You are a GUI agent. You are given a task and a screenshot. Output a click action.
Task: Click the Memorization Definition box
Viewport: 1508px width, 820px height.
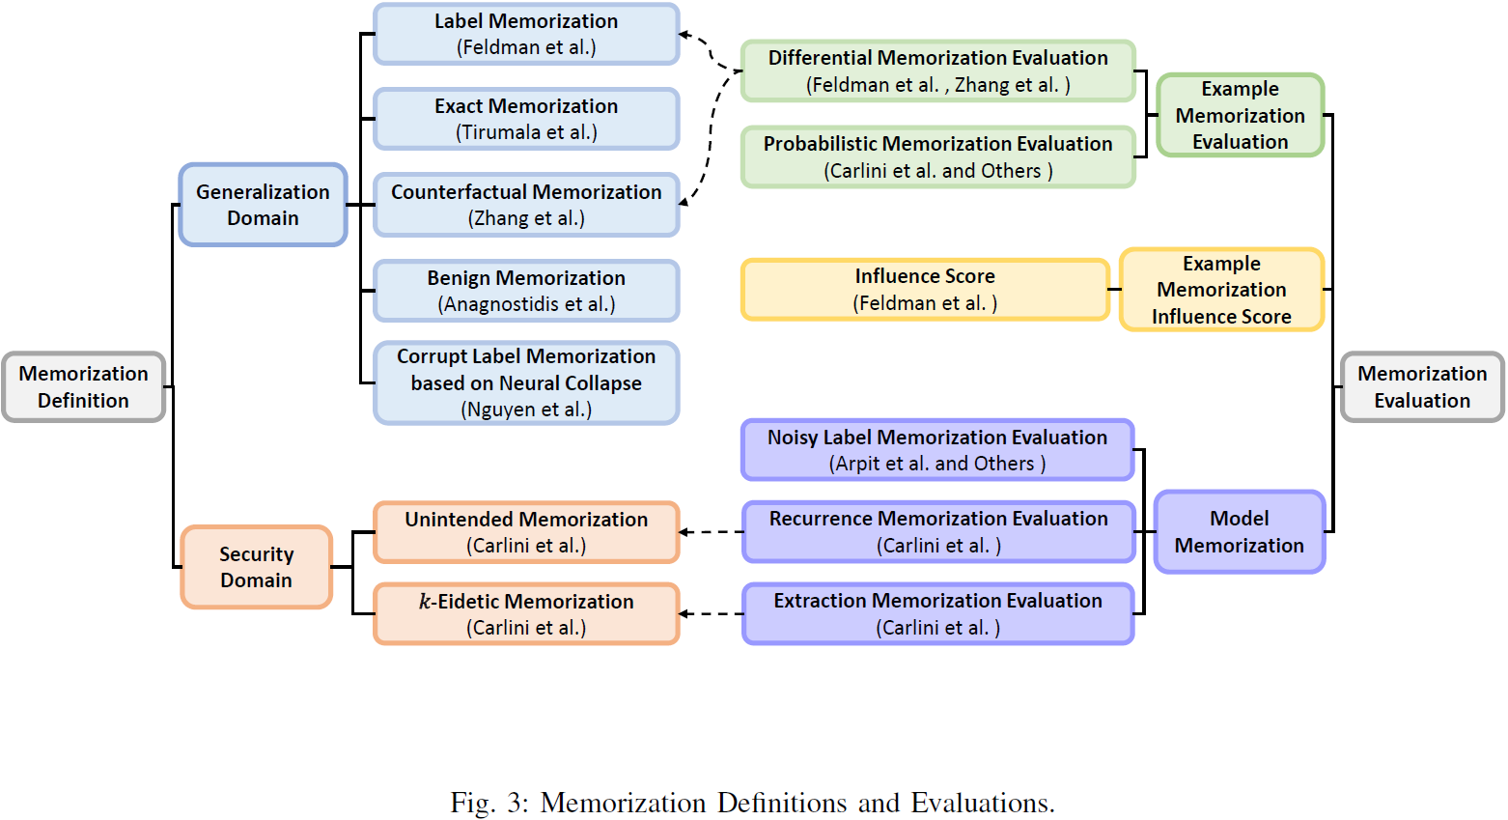point(83,386)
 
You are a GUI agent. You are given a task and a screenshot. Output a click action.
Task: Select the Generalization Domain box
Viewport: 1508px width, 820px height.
point(263,205)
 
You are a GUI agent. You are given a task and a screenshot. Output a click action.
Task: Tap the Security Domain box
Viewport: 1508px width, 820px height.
point(256,567)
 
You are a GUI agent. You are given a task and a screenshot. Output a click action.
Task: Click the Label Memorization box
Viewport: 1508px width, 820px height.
point(526,34)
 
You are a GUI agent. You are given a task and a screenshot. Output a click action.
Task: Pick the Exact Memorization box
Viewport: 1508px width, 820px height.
point(526,119)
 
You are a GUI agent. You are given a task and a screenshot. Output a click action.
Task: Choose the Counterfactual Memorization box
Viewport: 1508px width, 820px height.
point(526,205)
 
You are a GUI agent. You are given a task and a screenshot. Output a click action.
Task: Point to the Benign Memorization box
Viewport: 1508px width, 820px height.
point(526,291)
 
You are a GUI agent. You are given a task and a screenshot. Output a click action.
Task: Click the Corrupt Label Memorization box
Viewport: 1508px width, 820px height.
point(526,382)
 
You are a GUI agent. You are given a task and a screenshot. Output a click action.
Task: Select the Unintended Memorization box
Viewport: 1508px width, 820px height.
point(526,532)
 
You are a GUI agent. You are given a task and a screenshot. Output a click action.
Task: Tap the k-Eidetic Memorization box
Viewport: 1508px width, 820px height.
point(526,613)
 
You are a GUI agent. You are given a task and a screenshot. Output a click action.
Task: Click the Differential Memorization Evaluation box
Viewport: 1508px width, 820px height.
point(937,71)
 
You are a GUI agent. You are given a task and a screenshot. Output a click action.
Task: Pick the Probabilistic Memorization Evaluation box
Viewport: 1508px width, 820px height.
point(937,156)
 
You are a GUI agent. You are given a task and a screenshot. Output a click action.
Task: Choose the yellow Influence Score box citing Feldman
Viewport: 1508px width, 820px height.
point(924,289)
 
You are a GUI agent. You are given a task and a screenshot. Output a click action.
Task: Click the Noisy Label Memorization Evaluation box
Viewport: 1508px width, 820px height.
point(936,450)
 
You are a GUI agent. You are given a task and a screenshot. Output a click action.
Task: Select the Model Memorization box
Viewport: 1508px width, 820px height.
point(1239,532)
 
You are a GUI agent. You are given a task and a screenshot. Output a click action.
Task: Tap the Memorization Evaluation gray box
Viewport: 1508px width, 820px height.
point(1422,386)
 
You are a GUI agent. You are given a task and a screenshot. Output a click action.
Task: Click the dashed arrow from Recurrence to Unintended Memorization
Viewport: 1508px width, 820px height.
point(712,532)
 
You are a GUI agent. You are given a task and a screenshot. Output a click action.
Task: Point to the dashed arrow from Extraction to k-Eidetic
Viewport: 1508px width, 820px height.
point(712,613)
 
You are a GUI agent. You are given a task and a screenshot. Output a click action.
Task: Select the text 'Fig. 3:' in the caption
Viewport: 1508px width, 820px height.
point(489,803)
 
